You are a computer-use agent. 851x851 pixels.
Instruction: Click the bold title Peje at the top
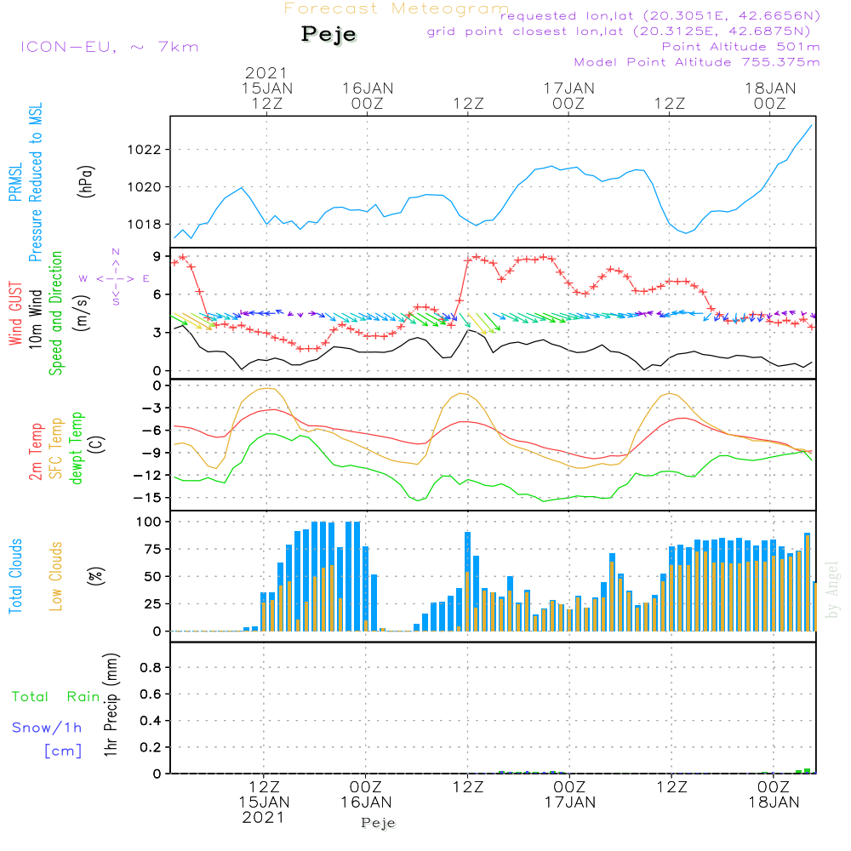[x=329, y=35]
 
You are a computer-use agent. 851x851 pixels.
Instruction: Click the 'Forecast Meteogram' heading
[x=397, y=9]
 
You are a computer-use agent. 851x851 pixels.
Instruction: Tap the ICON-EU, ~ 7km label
[x=109, y=46]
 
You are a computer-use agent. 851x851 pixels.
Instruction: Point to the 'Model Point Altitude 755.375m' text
[x=697, y=62]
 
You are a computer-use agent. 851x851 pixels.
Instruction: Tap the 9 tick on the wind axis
[x=157, y=256]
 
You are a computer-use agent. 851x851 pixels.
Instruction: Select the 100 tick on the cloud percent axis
[x=149, y=521]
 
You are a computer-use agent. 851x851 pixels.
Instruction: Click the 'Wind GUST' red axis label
[x=16, y=314]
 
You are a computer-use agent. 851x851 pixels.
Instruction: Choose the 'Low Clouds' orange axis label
[x=56, y=575]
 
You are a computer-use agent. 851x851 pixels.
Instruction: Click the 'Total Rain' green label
[x=56, y=697]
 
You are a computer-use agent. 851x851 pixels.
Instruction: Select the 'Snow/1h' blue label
[x=48, y=728]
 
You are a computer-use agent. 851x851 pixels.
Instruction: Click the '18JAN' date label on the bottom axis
[x=771, y=802]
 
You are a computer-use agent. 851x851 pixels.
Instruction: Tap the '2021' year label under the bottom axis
[x=264, y=817]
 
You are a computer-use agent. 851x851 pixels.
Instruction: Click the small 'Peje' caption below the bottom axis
[x=379, y=822]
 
